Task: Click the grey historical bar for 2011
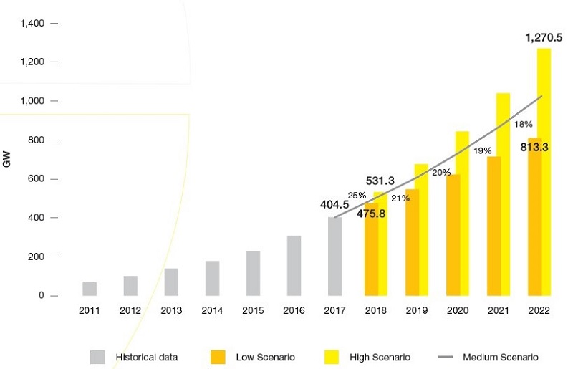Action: [90, 288]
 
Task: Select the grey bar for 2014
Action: [212, 278]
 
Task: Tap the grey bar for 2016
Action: [294, 265]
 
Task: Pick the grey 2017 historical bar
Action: [334, 256]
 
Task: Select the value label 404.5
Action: [334, 205]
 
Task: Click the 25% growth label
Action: [357, 195]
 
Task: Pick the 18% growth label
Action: [524, 125]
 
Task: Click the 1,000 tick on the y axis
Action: [32, 101]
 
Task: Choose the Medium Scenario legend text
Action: [500, 357]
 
